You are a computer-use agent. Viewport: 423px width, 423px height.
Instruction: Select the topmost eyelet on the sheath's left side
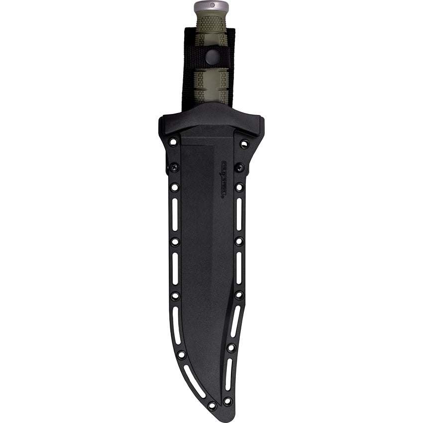pos(173,142)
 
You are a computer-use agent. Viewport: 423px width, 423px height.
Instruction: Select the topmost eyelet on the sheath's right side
pos(244,144)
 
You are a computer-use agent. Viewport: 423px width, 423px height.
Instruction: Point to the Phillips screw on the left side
pos(174,168)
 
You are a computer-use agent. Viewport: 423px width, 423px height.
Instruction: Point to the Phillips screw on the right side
pos(239,167)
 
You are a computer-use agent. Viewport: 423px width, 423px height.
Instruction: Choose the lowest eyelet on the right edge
pos(227,401)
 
